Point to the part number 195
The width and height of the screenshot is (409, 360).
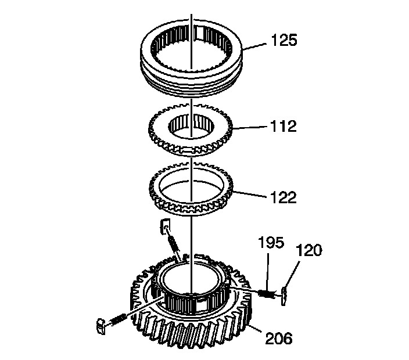coord(271,242)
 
